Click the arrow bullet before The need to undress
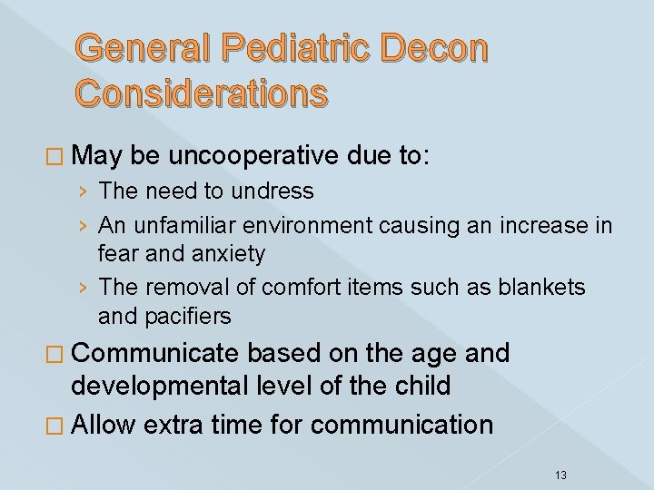[x=83, y=191]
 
